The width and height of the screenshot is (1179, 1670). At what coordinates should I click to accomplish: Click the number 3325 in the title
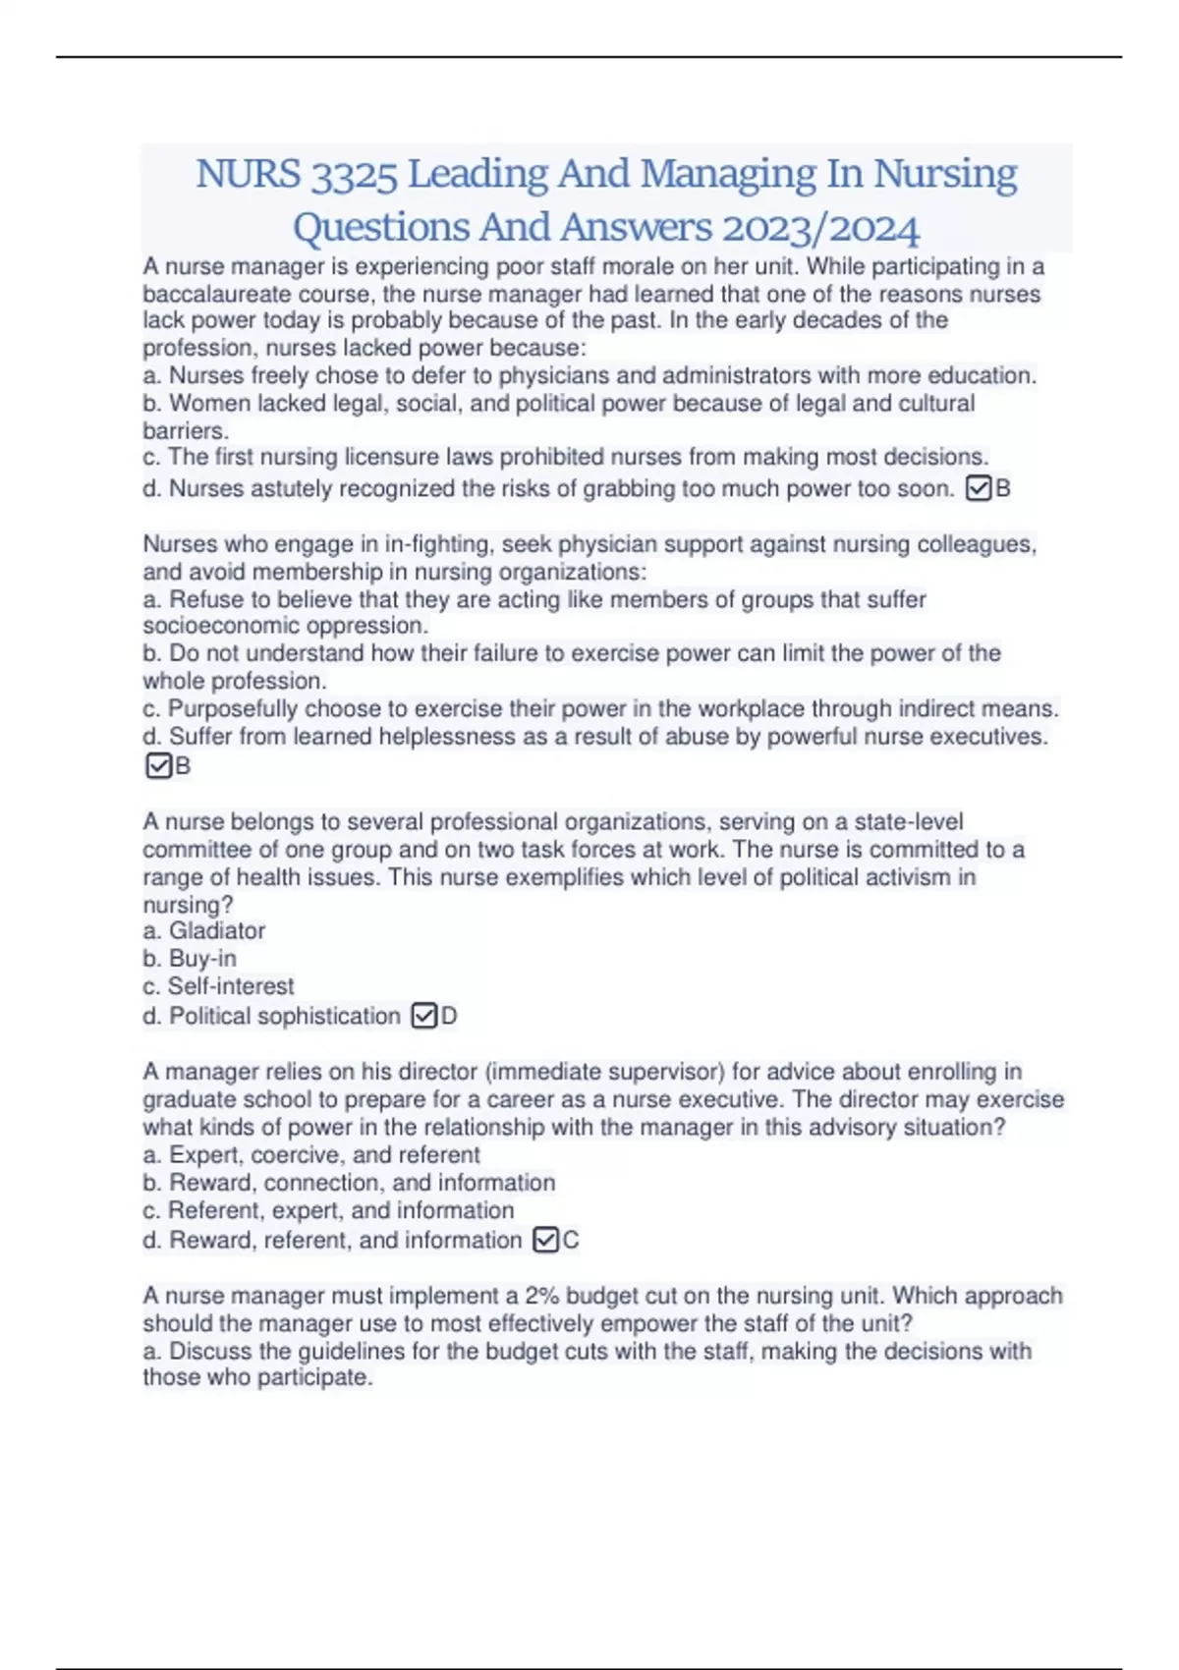point(354,175)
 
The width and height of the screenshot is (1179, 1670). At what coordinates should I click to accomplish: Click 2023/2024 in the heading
point(820,228)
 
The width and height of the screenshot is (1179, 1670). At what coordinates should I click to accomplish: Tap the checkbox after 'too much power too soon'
point(979,488)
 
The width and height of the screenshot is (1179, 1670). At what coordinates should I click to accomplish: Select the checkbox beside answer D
point(423,1016)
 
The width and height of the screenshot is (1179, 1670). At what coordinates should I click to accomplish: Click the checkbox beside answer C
point(545,1240)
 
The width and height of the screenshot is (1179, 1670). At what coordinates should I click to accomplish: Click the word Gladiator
point(216,931)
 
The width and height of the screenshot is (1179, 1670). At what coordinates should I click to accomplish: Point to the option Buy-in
point(202,959)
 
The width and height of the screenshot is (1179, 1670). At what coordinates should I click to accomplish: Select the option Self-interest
point(231,986)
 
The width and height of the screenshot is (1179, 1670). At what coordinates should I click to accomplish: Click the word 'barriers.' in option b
point(186,430)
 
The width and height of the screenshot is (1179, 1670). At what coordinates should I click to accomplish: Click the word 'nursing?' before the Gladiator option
point(188,905)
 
